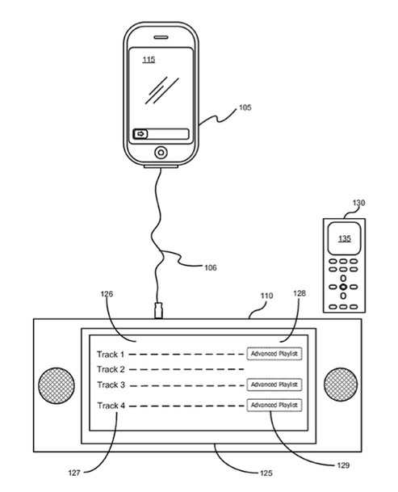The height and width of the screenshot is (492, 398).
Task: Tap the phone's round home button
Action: click(161, 153)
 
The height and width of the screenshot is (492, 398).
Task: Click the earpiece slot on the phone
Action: click(161, 37)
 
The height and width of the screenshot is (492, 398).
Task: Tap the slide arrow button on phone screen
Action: click(140, 134)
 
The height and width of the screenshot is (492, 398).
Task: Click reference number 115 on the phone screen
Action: click(149, 59)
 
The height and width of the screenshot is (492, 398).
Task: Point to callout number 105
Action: click(245, 107)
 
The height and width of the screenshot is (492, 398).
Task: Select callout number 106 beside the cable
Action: click(211, 267)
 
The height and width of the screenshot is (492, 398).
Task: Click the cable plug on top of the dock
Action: click(159, 310)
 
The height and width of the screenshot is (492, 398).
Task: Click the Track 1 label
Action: click(111, 355)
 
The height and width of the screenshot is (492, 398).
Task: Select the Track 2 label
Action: click(111, 369)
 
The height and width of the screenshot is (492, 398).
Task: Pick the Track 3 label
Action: click(111, 385)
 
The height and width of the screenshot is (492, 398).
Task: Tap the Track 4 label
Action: click(111, 406)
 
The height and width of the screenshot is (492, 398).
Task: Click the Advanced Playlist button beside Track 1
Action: click(274, 354)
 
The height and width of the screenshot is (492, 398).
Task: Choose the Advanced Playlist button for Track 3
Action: click(274, 385)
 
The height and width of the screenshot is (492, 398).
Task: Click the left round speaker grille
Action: click(57, 385)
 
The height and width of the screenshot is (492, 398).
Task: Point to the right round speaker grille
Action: click(341, 385)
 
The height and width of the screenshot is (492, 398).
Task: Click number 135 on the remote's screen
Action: click(345, 239)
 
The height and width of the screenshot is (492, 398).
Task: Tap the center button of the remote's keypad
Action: click(343, 287)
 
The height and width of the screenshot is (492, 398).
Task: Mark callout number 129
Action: click(343, 465)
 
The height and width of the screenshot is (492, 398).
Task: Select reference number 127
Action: click(74, 473)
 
